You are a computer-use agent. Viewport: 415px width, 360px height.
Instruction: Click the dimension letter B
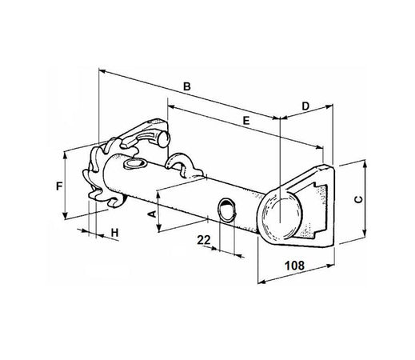(x=186, y=85)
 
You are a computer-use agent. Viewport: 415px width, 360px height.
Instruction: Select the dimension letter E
(x=246, y=120)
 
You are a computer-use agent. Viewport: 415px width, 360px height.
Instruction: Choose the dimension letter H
(x=114, y=232)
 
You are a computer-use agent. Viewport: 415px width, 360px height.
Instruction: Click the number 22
(x=203, y=240)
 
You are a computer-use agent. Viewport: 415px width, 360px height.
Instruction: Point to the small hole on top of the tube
(x=134, y=163)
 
